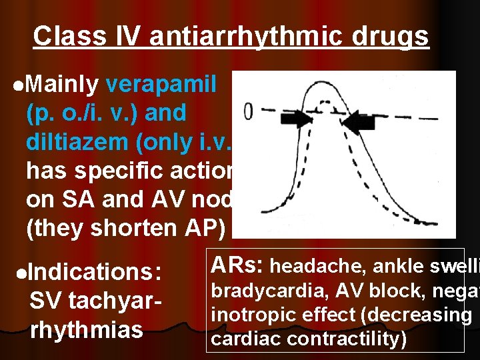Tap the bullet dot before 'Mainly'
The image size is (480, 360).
pos(17,86)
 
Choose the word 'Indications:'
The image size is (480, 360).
pos(95,273)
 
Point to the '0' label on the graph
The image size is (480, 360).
pos(247,111)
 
